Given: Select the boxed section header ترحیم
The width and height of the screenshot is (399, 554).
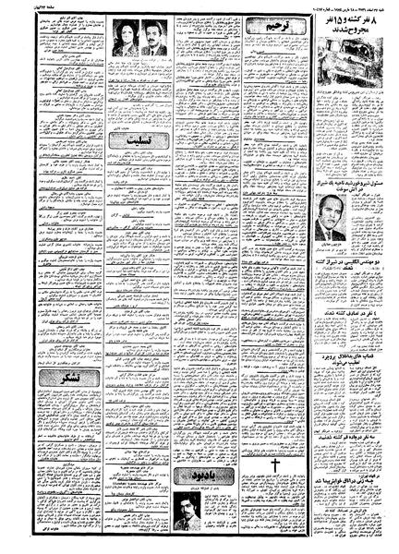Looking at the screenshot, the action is point(265,33).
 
